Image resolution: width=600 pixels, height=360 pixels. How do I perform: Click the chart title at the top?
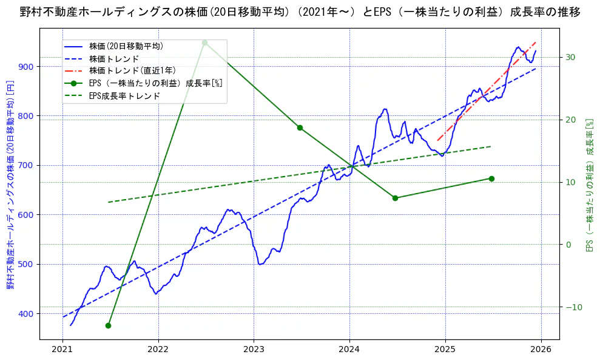click(300, 12)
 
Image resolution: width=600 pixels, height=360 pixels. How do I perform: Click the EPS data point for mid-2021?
click(108, 325)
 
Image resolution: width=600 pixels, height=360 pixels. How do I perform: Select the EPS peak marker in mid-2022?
click(204, 42)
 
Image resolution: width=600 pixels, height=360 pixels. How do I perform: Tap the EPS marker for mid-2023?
click(300, 127)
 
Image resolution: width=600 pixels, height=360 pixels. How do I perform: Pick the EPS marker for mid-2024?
click(395, 198)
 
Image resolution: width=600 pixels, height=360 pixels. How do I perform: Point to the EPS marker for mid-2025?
click(491, 178)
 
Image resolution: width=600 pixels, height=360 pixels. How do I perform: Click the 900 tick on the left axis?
click(26, 66)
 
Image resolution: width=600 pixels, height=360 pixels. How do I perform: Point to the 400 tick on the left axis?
click(26, 314)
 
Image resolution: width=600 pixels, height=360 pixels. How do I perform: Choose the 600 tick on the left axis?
click(26, 215)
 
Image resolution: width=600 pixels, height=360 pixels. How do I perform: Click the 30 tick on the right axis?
click(570, 57)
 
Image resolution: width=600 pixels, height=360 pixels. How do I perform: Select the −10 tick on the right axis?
click(573, 307)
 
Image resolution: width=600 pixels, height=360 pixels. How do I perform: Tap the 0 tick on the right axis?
click(568, 245)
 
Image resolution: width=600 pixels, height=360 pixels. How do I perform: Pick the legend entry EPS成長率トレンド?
click(124, 95)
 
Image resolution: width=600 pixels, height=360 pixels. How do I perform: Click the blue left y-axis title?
click(10, 185)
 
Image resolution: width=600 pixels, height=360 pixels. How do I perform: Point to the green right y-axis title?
click(588, 185)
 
